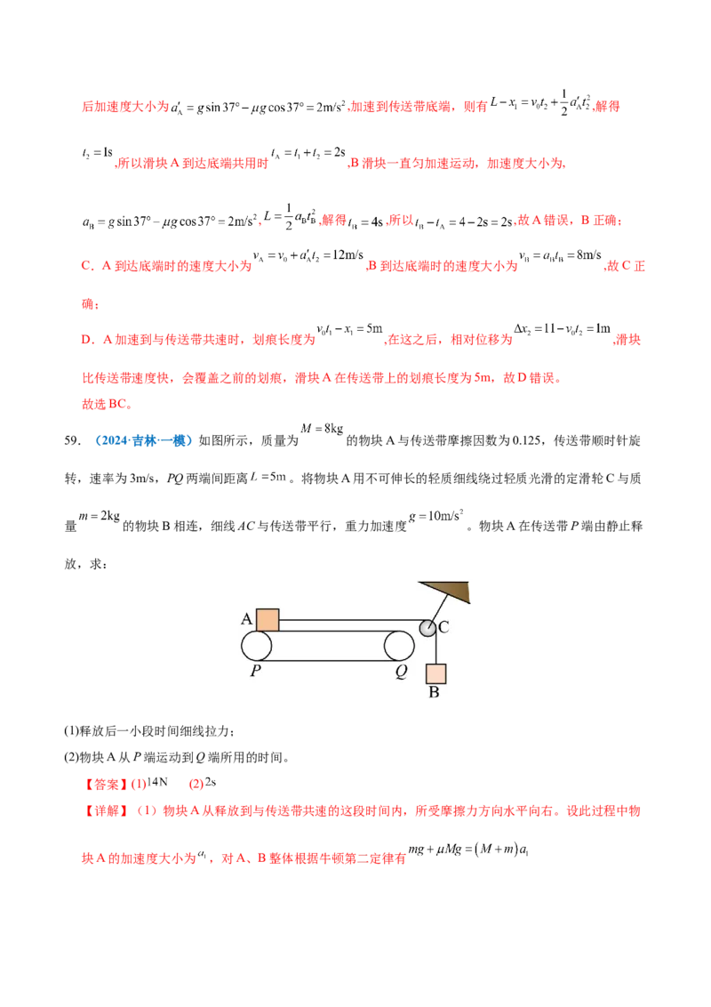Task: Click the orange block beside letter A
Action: [x=268, y=619]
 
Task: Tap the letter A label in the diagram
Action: [x=246, y=619]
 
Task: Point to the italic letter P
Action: [x=255, y=672]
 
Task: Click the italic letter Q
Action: [x=401, y=673]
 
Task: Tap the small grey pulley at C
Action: [x=427, y=628]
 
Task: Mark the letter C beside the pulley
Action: [x=443, y=627]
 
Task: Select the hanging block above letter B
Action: [x=435, y=673]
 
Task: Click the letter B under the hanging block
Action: [x=435, y=692]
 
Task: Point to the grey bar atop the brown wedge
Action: [x=444, y=578]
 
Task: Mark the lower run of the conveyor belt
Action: [x=328, y=660]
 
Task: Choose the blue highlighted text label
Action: [x=142, y=440]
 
